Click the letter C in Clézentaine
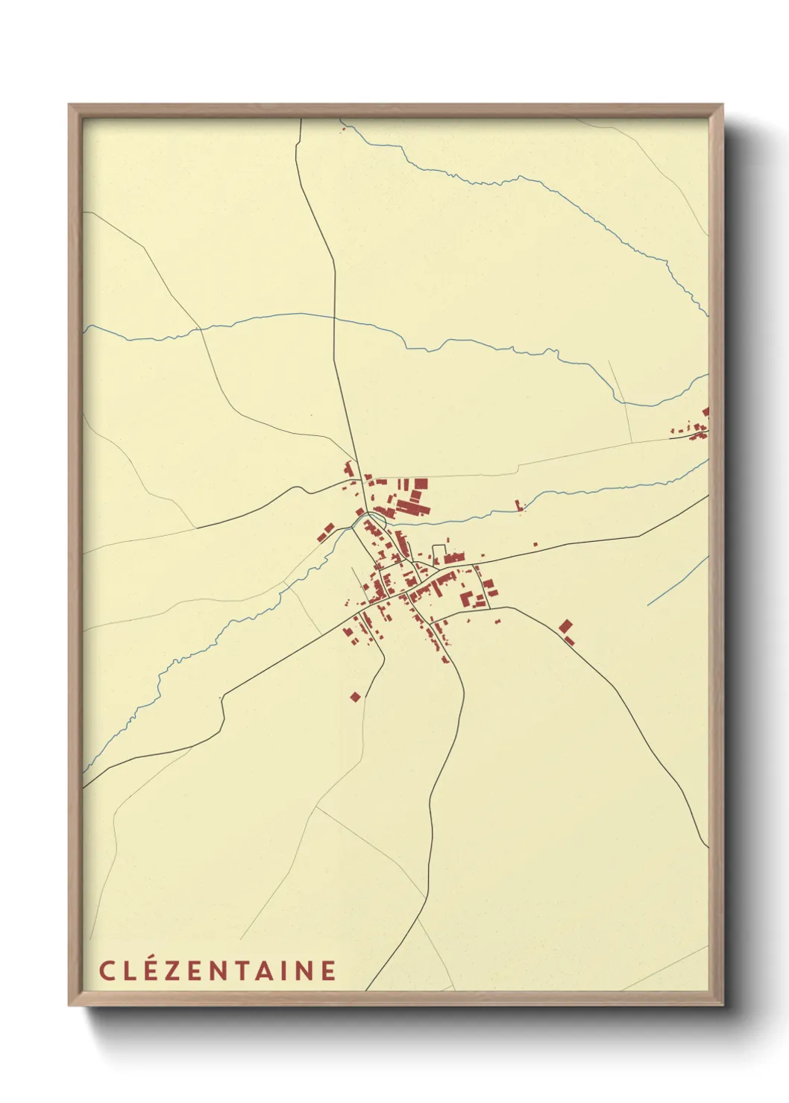pyautogui.click(x=106, y=971)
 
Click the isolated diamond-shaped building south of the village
pyautogui.click(x=355, y=697)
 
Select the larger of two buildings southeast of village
pyautogui.click(x=566, y=626)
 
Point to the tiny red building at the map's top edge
pyautogui.click(x=344, y=129)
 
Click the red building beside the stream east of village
pyautogui.click(x=518, y=506)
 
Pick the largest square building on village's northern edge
pyautogui.click(x=421, y=483)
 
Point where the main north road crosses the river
pyautogui.click(x=333, y=317)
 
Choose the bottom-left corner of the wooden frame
pyautogui.click(x=69, y=1004)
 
